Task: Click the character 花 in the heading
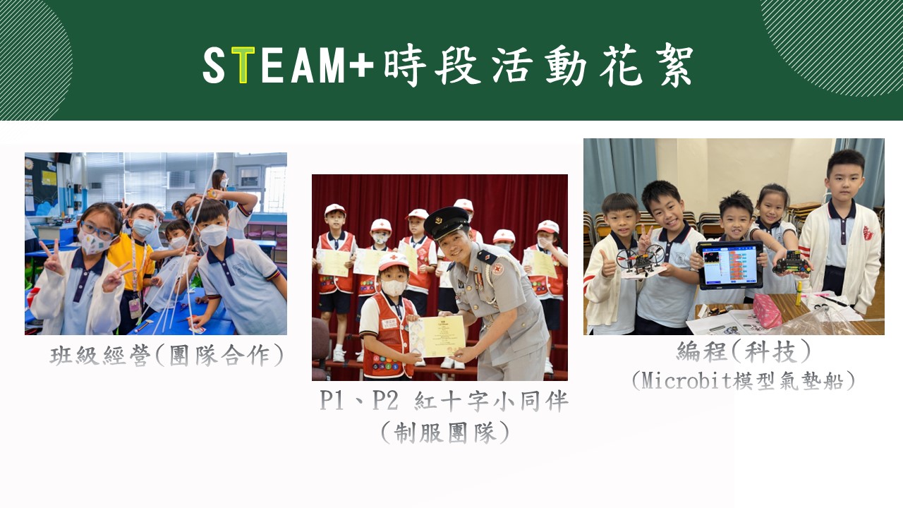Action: point(620,66)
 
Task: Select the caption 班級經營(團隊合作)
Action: point(166,355)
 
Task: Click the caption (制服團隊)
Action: point(444,433)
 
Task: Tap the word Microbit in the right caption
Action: point(686,380)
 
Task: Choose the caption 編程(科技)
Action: point(743,351)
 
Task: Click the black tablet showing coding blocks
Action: point(730,265)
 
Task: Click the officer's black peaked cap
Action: point(446,223)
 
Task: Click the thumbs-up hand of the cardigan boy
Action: point(607,263)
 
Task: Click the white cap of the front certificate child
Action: point(393,261)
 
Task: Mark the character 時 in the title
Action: point(405,66)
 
